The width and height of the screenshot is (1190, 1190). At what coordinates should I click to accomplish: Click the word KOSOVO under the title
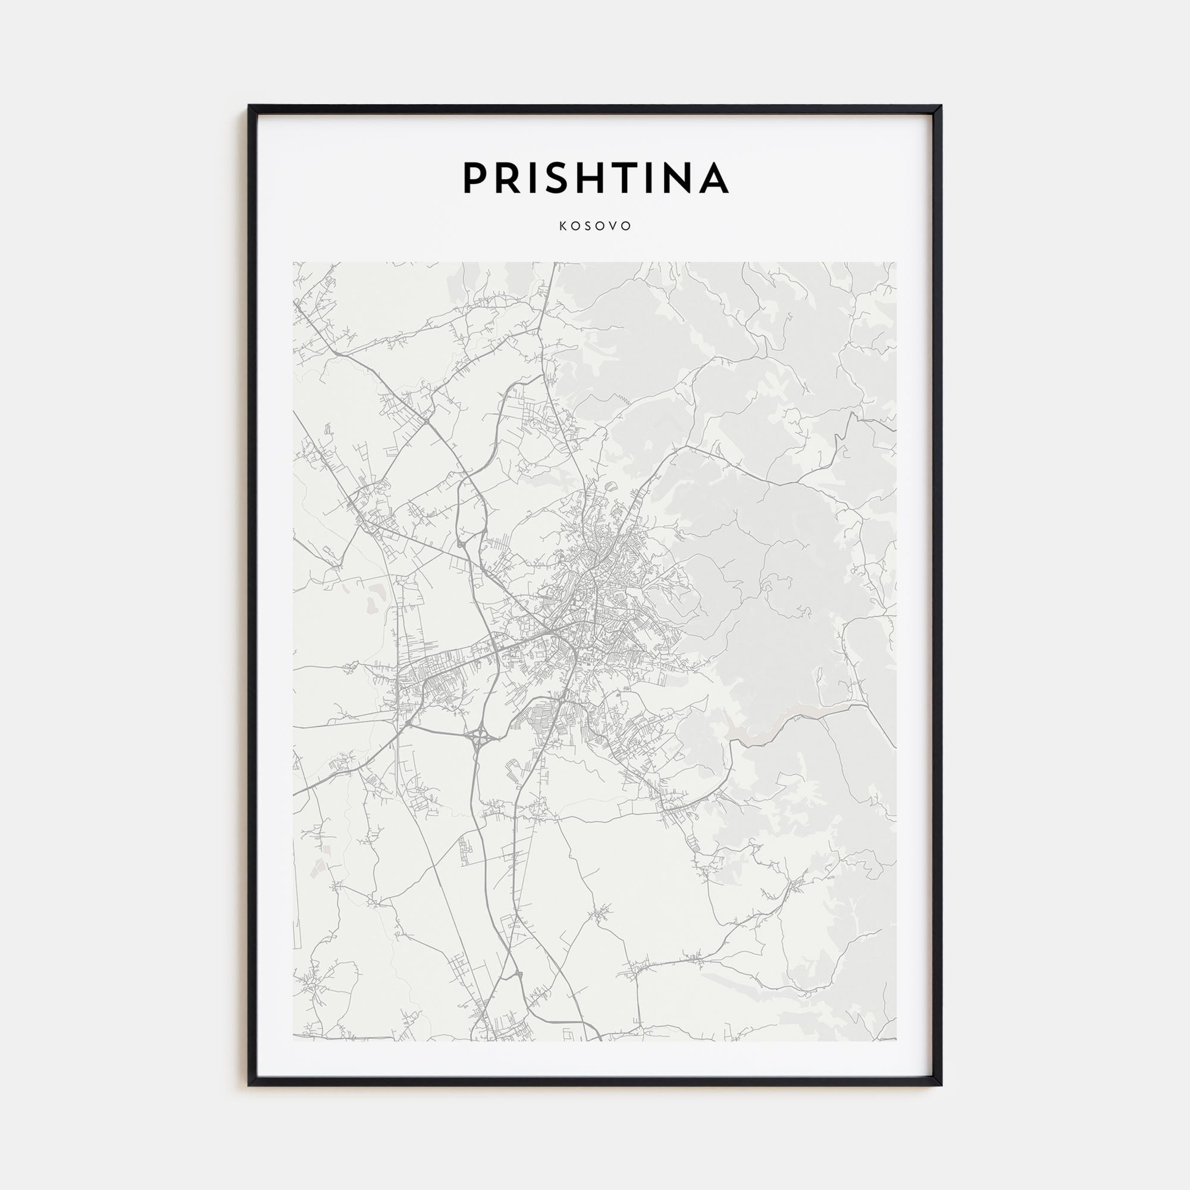pos(595,226)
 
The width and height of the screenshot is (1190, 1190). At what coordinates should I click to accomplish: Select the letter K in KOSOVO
pos(562,226)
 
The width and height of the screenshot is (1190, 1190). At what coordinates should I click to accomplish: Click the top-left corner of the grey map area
pos(294,263)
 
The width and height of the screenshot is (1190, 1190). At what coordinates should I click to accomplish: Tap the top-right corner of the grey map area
pos(896,263)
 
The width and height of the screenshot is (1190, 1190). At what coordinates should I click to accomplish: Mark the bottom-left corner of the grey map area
pos(294,1040)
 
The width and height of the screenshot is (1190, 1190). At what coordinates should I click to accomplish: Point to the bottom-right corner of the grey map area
pos(896,1040)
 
